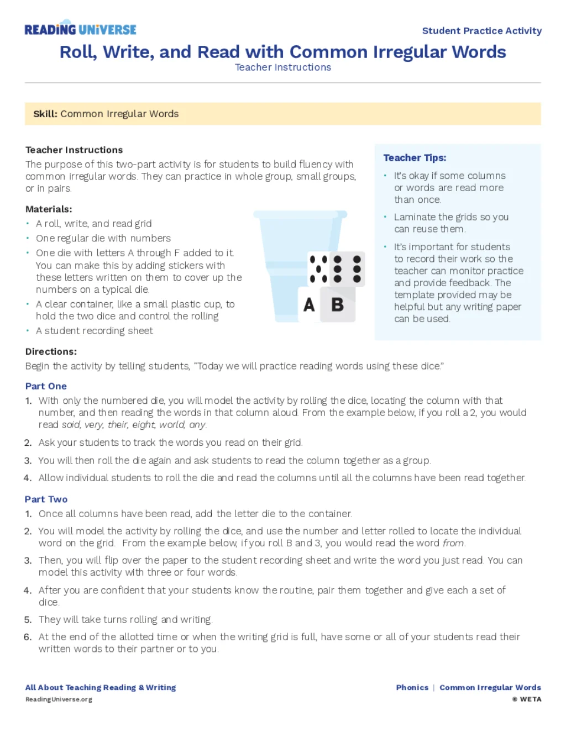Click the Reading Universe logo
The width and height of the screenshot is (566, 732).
(x=80, y=29)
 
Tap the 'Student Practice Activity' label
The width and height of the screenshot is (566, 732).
(x=481, y=31)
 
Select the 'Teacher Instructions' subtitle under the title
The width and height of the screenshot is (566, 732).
(x=283, y=67)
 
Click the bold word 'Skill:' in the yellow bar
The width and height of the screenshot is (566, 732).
(x=45, y=114)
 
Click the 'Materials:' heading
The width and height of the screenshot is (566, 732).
(x=49, y=209)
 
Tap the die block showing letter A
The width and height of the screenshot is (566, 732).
(x=310, y=304)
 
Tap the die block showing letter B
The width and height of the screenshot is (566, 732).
(x=337, y=304)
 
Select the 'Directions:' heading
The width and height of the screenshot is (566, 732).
(x=51, y=352)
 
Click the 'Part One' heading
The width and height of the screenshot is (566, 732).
(x=46, y=386)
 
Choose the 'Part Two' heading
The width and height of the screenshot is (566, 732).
(x=46, y=499)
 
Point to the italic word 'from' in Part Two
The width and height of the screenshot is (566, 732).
(x=453, y=543)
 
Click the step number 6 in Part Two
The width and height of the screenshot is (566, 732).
(x=28, y=637)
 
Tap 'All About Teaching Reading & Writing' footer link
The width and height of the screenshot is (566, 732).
(x=101, y=687)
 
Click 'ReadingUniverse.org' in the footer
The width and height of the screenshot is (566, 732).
(x=59, y=699)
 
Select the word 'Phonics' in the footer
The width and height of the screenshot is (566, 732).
(x=412, y=687)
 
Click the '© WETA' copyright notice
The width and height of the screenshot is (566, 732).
(x=527, y=699)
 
